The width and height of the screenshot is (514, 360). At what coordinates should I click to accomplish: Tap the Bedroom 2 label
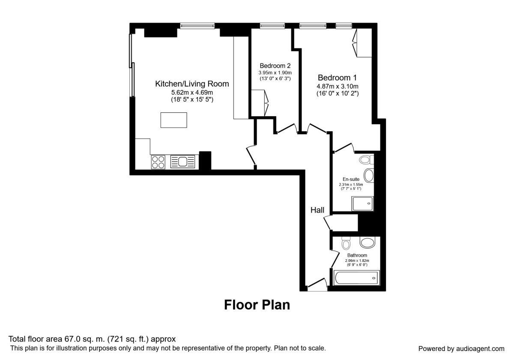[275, 66]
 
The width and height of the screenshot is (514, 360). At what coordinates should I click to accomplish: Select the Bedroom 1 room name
[337, 78]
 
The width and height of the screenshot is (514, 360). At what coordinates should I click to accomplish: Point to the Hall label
[317, 210]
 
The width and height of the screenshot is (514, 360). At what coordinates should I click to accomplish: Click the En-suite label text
[350, 179]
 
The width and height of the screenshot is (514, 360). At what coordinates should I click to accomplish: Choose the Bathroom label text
[357, 255]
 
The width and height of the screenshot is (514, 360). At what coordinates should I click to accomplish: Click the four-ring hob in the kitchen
[158, 162]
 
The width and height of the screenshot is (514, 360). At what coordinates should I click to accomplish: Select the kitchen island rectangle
[173, 120]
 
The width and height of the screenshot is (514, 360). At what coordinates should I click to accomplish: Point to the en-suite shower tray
[363, 204]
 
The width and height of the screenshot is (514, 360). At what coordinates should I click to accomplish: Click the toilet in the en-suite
[366, 160]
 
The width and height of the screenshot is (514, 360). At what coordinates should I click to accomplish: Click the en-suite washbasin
[369, 176]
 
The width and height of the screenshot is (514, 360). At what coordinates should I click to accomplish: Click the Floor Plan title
[257, 305]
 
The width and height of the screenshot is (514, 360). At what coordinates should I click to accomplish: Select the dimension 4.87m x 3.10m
[337, 86]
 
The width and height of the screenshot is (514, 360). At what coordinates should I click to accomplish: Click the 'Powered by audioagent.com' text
[461, 348]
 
